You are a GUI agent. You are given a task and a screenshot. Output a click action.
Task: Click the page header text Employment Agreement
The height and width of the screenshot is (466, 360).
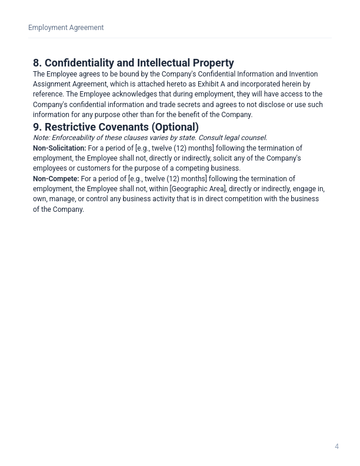pyautogui.click(x=66, y=28)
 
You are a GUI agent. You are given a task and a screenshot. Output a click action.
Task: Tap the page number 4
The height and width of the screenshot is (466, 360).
pyautogui.click(x=336, y=447)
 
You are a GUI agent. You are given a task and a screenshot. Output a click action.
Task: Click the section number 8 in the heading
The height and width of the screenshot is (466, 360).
pyautogui.click(x=37, y=63)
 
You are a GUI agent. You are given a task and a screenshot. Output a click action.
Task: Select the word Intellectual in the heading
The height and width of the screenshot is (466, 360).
pyautogui.click(x=162, y=63)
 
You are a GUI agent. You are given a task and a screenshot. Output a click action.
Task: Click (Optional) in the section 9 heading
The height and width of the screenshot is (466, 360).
pyautogui.click(x=175, y=127)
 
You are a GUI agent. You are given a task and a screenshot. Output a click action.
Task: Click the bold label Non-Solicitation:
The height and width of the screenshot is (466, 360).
pyautogui.click(x=59, y=148)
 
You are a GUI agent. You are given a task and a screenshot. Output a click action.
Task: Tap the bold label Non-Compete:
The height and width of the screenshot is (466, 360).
pyautogui.click(x=56, y=179)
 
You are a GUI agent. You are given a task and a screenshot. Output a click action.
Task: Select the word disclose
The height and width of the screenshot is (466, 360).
pyautogui.click(x=269, y=105)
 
